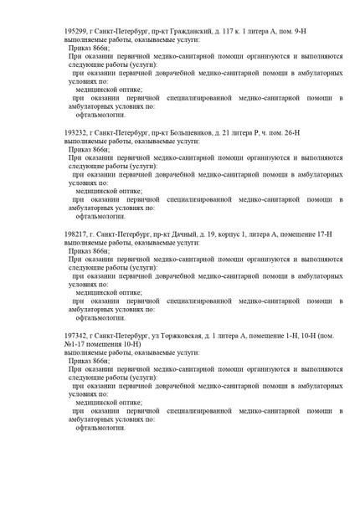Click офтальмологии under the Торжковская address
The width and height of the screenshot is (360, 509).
coord(100,427)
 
